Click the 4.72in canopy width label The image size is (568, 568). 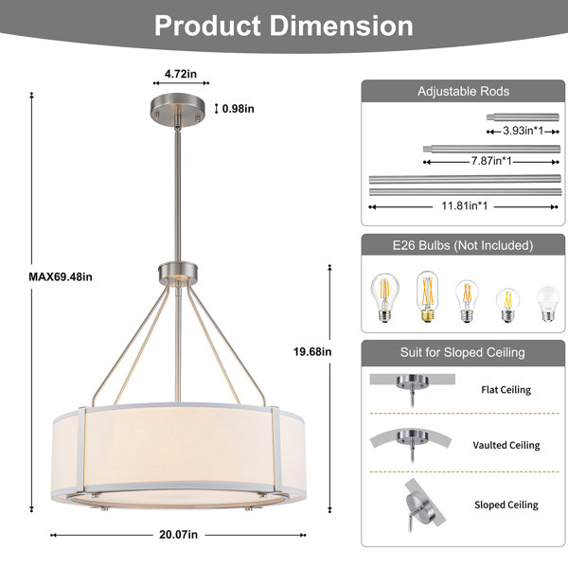181,74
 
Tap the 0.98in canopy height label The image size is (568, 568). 238,109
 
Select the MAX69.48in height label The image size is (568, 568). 61,276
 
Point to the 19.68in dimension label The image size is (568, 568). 312,352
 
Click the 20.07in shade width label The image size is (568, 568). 179,535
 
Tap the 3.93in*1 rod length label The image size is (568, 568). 524,131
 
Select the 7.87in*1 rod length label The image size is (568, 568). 491,161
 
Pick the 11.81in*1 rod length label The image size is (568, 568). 465,205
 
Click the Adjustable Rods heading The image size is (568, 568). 463,91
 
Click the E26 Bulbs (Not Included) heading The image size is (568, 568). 463,245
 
